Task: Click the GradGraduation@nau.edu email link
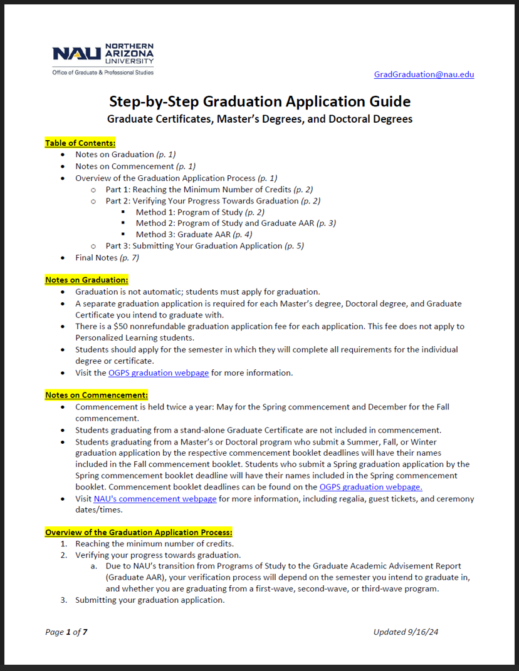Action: click(x=424, y=74)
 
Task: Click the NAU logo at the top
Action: click(x=103, y=54)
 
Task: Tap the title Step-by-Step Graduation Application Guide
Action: click(x=259, y=101)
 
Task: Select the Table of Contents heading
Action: click(x=80, y=143)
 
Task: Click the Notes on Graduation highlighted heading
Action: click(x=86, y=280)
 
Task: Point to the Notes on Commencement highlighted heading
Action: click(x=97, y=395)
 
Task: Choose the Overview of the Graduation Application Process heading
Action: click(x=139, y=532)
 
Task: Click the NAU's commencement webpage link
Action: click(x=155, y=499)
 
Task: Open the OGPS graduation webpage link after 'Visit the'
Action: click(x=158, y=372)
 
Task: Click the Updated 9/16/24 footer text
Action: click(x=406, y=632)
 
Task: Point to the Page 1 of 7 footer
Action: click(x=66, y=632)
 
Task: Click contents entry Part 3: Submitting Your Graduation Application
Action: click(x=204, y=245)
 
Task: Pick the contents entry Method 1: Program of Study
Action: click(x=200, y=212)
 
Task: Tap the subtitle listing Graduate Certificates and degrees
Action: click(x=259, y=119)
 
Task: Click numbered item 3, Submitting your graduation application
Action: click(x=149, y=600)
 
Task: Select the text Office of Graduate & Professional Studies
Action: click(x=103, y=73)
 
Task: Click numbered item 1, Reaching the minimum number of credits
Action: click(x=154, y=543)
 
